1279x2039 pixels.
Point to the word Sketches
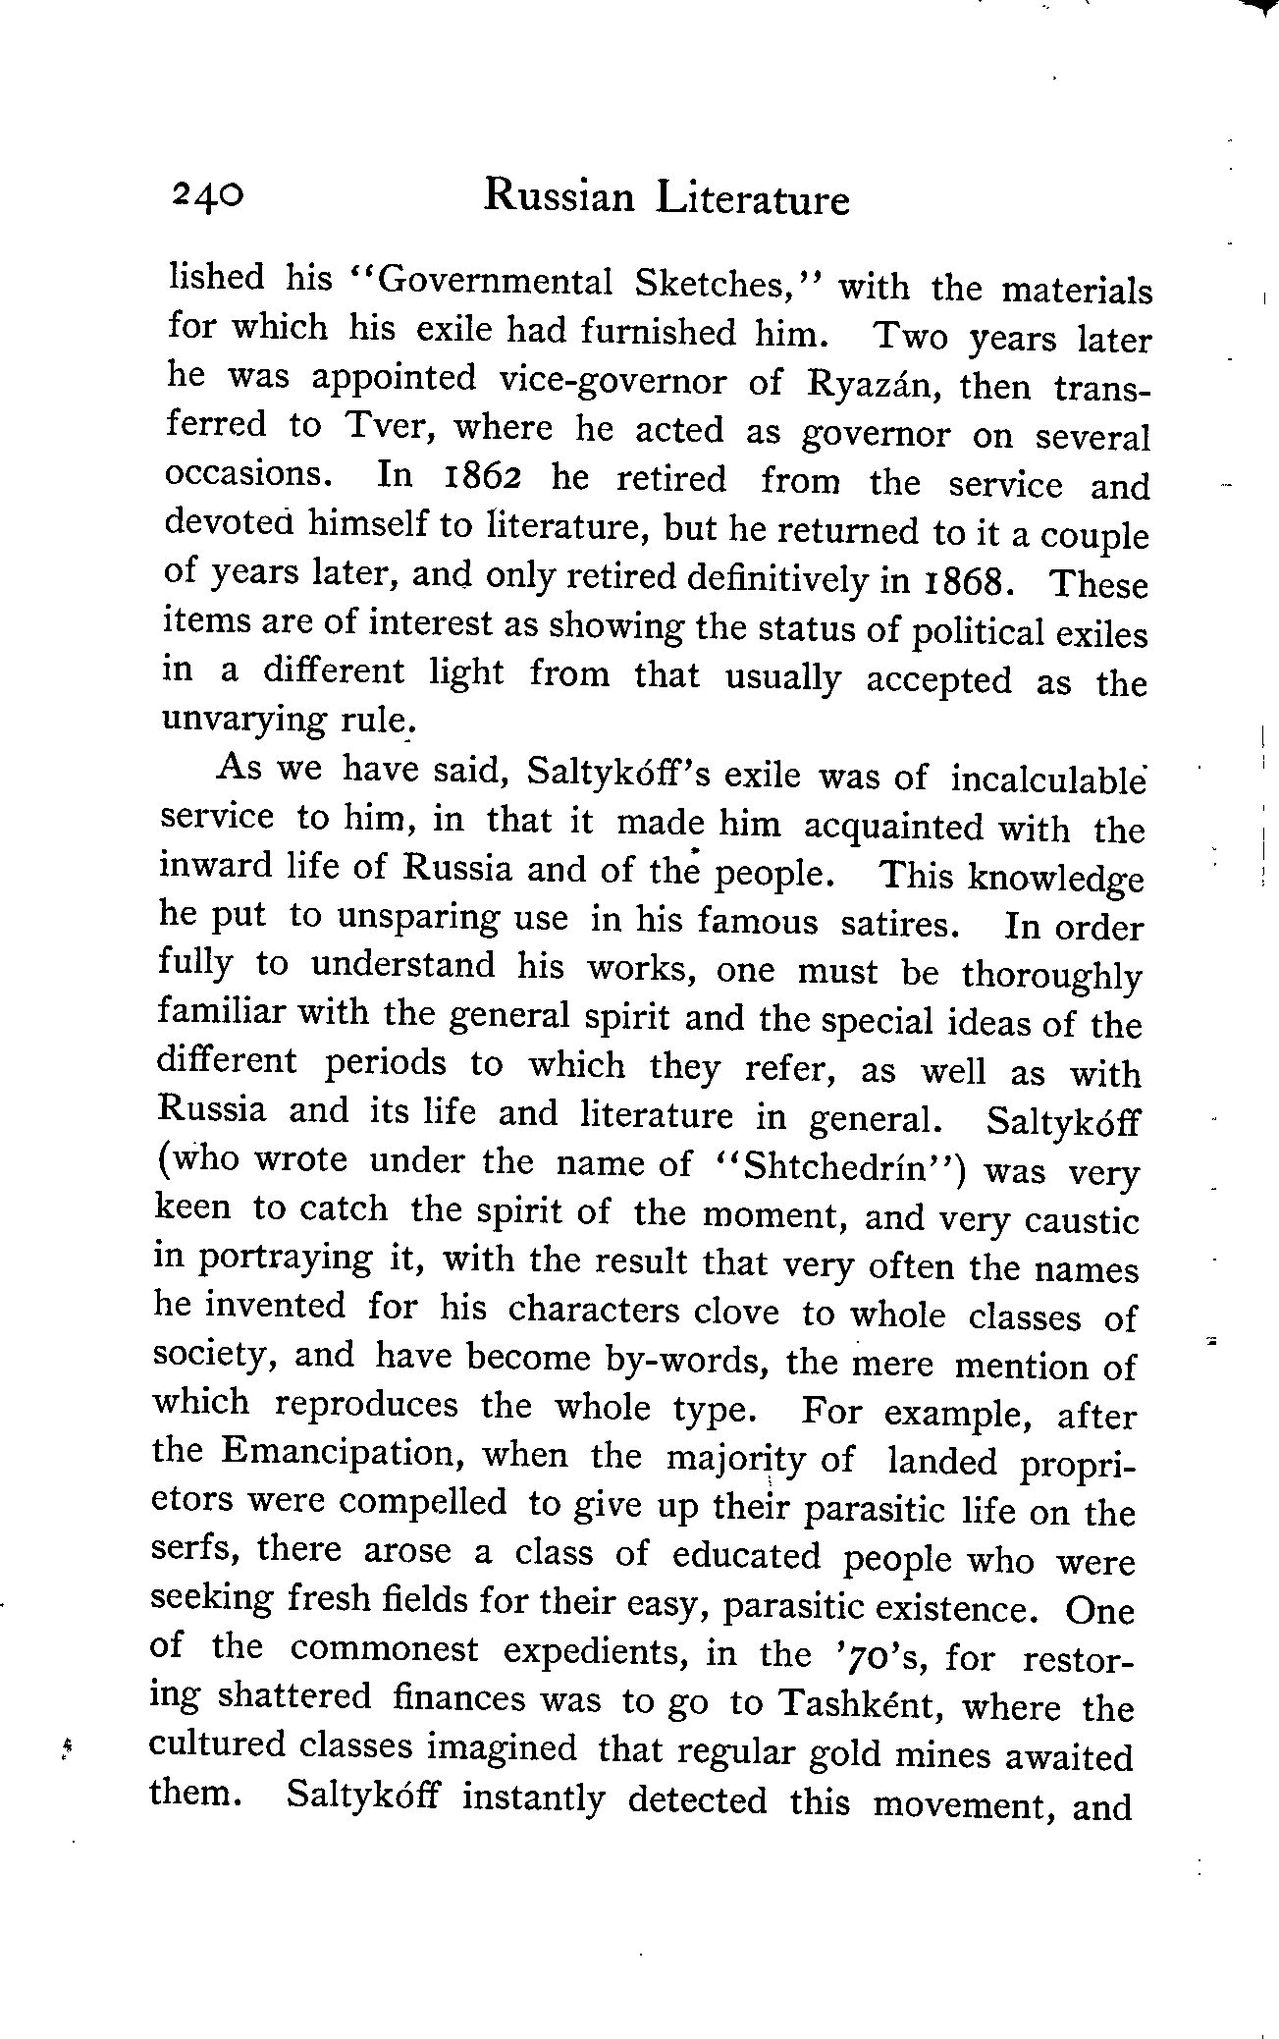[726, 285]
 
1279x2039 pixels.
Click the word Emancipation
[339, 1453]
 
